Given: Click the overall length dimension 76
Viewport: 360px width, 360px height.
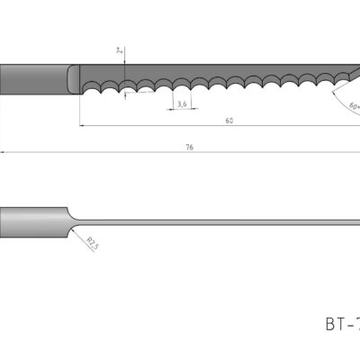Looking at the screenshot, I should click(190, 147).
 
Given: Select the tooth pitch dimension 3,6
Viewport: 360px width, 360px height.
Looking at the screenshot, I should click(183, 104).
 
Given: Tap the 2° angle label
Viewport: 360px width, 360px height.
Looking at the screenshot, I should click(119, 51).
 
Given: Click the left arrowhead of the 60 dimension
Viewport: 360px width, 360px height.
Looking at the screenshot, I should click(83, 125).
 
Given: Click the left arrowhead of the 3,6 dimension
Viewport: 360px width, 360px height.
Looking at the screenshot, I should click(171, 111).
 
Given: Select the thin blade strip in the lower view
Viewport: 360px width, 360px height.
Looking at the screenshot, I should click(216, 221).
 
